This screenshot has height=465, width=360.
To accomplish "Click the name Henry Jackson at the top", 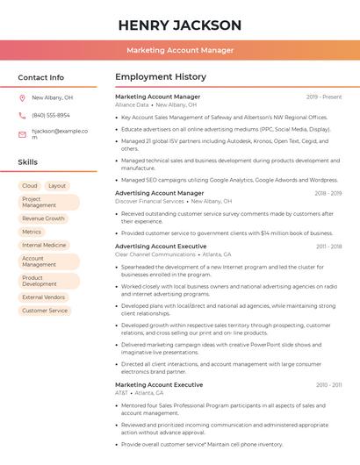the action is click(179, 25).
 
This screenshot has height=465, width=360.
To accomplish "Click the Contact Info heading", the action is click(40, 77).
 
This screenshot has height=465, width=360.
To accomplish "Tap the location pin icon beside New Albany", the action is click(22, 98).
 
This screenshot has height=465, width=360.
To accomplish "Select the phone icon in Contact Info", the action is click(22, 115).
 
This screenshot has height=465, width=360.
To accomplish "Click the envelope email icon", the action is click(22, 134).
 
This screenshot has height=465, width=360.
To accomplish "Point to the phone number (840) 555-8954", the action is click(51, 115).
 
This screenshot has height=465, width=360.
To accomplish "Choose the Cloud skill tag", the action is click(30, 186).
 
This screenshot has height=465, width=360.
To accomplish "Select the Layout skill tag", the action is click(57, 186).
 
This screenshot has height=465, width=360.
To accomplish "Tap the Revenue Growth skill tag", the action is click(43, 218).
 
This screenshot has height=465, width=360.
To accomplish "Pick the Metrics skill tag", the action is click(32, 232).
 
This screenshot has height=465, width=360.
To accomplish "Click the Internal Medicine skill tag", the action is click(44, 245).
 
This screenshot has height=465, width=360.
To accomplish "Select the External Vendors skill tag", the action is click(44, 297).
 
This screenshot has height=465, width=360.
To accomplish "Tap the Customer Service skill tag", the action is click(45, 311).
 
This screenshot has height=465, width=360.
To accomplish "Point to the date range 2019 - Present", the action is click(324, 97).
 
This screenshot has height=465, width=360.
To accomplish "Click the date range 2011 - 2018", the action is click(329, 247).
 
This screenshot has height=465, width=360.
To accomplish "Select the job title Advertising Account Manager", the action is click(159, 193).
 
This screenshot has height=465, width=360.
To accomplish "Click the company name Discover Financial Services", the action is click(149, 201).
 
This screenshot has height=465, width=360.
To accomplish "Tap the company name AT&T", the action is click(121, 393).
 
